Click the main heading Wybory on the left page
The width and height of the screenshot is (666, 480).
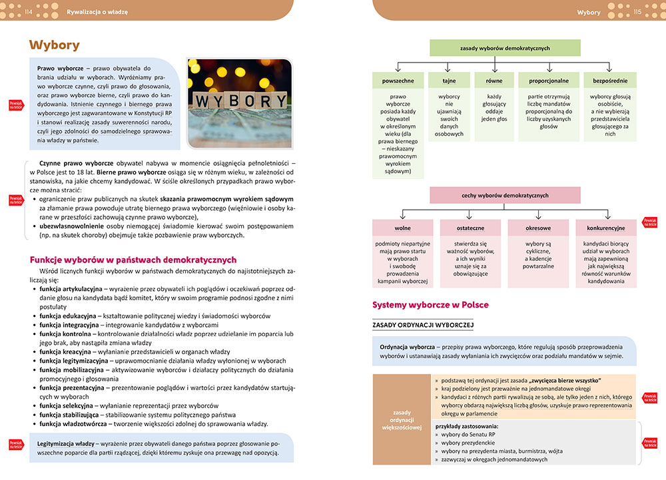[x=55, y=45]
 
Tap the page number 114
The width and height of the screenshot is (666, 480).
[x=28, y=12]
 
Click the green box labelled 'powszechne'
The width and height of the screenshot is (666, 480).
[x=398, y=81]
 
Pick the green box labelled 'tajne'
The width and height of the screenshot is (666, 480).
[x=449, y=81]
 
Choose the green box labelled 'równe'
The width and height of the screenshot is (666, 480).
[x=494, y=81]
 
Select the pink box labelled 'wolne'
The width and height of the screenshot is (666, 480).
[x=402, y=228]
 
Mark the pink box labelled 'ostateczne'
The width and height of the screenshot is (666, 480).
[x=470, y=228]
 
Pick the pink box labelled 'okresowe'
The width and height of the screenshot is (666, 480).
[x=537, y=228]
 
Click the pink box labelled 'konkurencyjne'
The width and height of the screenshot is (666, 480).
[x=605, y=228]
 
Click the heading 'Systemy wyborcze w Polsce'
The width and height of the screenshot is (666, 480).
[x=430, y=305]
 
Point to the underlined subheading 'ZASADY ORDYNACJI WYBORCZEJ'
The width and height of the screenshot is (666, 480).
[x=423, y=324]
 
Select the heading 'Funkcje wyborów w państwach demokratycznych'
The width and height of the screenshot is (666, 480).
[x=134, y=260]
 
